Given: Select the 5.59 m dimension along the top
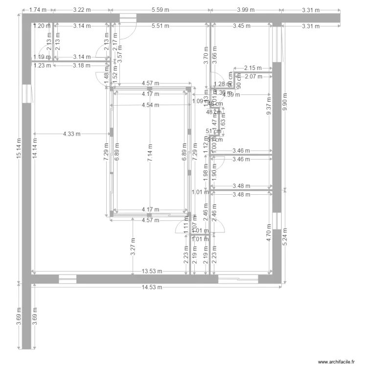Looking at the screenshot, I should [160, 9].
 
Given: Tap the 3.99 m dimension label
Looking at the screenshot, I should [246, 9].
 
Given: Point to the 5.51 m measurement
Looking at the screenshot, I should [160, 25].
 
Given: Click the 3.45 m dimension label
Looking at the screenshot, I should [241, 25].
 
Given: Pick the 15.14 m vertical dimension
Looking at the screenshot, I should [19, 147].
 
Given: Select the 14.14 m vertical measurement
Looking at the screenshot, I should [34, 147].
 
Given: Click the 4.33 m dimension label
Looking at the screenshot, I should [72, 133].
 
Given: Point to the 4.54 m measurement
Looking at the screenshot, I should [150, 105].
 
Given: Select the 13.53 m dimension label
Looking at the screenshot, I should [153, 271].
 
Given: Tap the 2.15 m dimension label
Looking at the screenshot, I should [253, 68].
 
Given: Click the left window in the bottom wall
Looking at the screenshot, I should [68, 279].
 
